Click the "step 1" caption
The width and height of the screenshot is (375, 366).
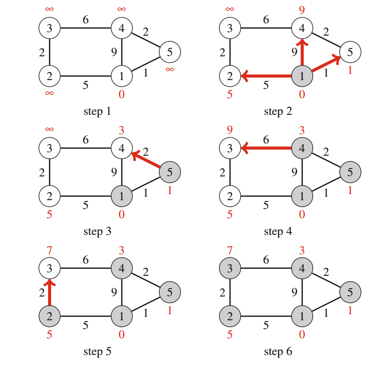[x=97, y=111]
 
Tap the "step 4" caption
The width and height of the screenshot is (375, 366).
[x=278, y=231]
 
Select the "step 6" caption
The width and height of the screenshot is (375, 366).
[x=278, y=351]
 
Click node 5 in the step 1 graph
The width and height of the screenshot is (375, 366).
[x=169, y=52]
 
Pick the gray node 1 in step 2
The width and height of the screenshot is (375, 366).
[x=302, y=76]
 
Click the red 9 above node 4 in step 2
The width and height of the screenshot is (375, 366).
[x=302, y=9]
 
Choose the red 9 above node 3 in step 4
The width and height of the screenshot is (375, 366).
[x=230, y=129]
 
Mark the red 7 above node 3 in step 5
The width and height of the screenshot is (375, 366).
[x=49, y=250]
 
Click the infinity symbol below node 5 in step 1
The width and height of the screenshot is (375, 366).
[x=169, y=70]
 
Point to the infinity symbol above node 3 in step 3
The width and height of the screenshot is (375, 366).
[x=49, y=129]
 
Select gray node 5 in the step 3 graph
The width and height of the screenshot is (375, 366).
[x=169, y=172]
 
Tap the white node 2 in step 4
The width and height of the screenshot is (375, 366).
[x=230, y=196]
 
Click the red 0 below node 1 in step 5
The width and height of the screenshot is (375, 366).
[x=122, y=335]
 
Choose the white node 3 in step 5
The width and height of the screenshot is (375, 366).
[x=49, y=268]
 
